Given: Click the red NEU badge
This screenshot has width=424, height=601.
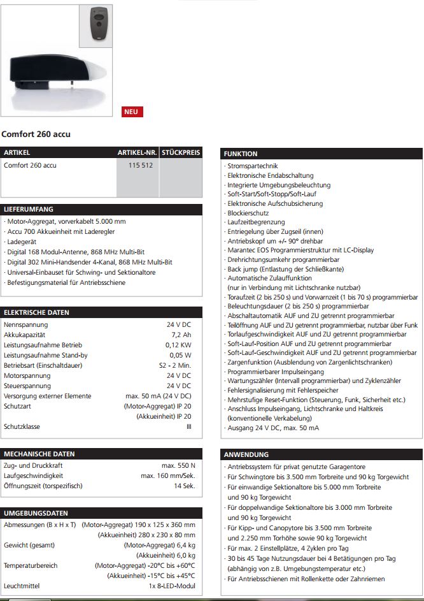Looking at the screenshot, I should coord(132,112).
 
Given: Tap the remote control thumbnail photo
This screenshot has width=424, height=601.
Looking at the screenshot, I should coord(99,25).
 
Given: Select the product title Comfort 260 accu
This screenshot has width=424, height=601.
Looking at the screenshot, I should coord(36,134).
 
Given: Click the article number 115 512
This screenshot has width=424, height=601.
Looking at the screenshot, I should coord(138,165).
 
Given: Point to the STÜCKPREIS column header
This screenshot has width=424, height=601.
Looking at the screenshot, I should coord(181,153).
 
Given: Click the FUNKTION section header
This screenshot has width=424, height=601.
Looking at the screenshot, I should coord(241,154).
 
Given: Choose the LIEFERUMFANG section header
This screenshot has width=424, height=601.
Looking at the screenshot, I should coord(29,209).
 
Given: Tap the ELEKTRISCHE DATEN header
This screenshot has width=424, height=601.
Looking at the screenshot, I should coord(36,312).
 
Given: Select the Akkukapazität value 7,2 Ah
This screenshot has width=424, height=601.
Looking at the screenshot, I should coord(181,335).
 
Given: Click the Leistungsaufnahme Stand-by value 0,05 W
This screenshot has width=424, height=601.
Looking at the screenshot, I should coord(180,355).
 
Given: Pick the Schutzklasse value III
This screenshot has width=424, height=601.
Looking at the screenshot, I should coord(188,426).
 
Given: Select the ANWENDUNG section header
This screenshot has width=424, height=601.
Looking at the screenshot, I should coord(246,454).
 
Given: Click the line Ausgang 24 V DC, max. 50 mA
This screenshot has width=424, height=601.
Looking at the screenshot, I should coord(273,428).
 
